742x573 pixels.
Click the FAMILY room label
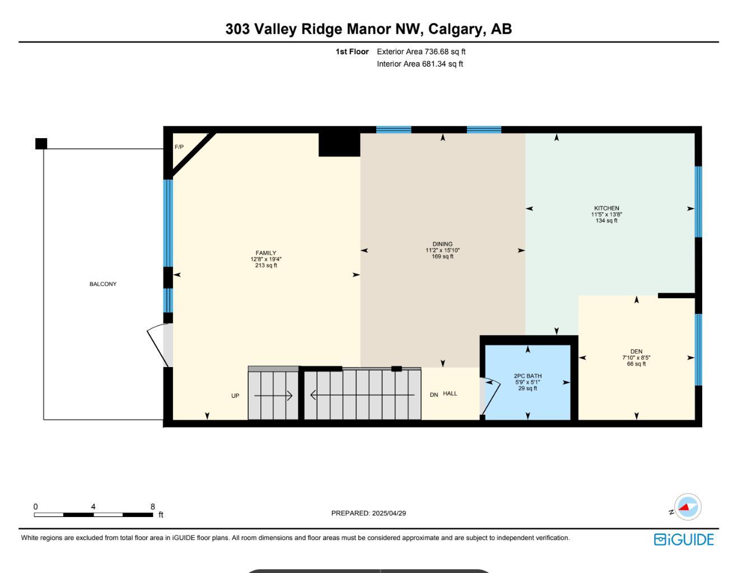266,253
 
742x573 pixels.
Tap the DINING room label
442,244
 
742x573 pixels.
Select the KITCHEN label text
606,208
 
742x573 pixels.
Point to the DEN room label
636,351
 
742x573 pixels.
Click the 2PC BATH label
528,376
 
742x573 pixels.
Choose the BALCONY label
103,284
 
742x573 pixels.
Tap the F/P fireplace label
179,147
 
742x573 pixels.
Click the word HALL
450,394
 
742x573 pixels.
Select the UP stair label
235,396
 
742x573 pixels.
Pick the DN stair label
433,395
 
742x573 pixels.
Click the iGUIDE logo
684,539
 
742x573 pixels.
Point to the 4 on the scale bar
94,507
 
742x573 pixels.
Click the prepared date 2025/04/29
389,513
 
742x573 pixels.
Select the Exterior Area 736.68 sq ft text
421,51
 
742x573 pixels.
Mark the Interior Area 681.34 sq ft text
420,64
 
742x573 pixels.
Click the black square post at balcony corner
41,144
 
